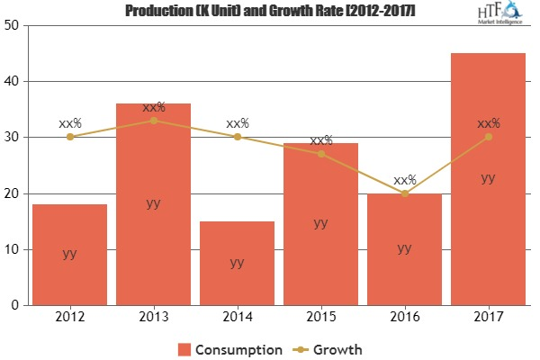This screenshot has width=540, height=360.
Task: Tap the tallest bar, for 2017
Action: (488, 179)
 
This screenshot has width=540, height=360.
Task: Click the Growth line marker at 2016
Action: (404, 193)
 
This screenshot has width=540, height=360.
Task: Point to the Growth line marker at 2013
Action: (153, 121)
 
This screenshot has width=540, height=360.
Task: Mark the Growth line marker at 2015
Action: (320, 154)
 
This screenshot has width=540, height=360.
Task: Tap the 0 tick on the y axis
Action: (17, 306)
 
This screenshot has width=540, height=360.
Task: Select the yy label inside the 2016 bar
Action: (404, 247)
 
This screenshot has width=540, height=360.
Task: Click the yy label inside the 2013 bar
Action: (153, 203)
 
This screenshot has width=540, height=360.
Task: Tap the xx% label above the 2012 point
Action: (70, 123)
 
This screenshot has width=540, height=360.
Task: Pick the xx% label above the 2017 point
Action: (488, 123)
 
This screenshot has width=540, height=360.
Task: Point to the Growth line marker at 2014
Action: (237, 137)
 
